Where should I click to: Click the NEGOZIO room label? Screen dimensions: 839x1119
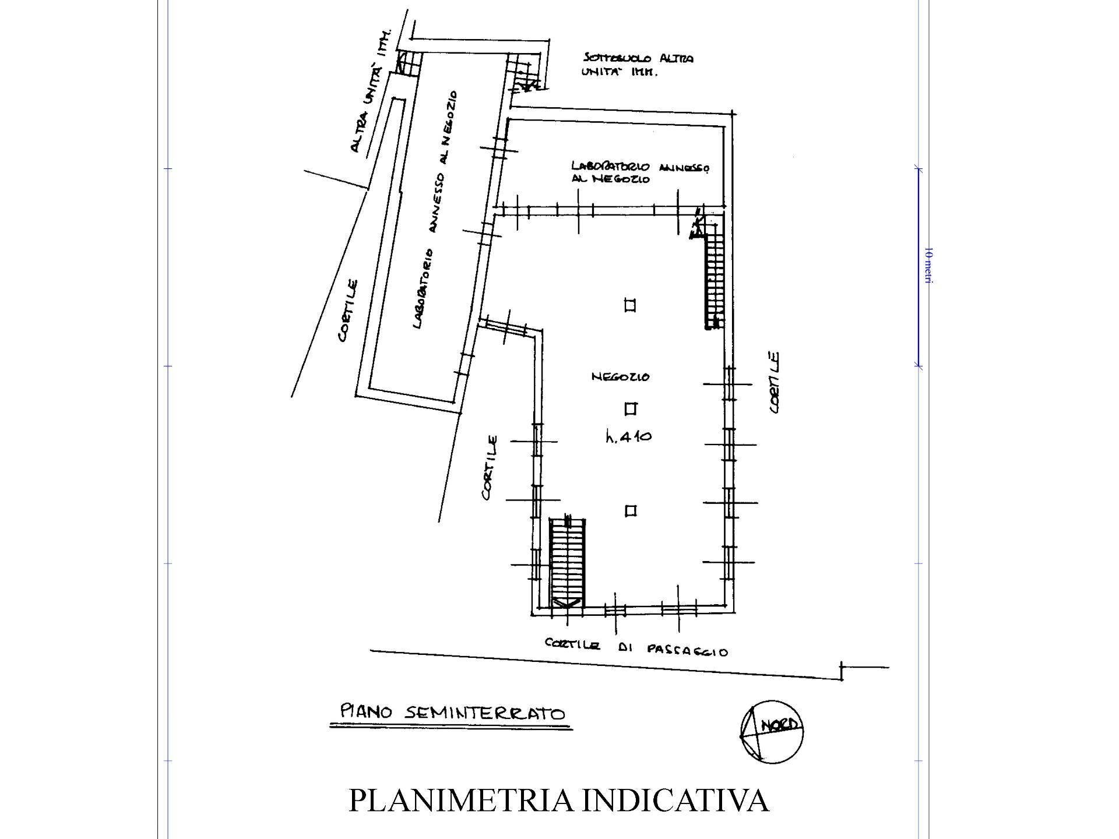(x=620, y=377)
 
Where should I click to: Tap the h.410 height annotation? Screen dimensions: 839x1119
(x=629, y=436)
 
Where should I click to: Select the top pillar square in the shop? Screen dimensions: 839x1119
(x=629, y=305)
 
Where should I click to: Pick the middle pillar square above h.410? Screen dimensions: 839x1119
(x=630, y=408)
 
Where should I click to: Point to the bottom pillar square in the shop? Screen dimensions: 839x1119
(x=630, y=511)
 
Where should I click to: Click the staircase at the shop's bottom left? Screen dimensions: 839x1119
(x=567, y=562)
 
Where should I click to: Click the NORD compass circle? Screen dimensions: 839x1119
(x=772, y=731)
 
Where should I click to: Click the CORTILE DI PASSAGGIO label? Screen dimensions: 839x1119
(x=636, y=647)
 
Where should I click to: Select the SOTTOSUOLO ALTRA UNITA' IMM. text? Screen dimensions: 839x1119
(x=637, y=65)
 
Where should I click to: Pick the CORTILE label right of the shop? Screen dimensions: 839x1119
(x=775, y=382)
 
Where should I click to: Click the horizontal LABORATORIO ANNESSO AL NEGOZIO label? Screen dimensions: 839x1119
(x=640, y=172)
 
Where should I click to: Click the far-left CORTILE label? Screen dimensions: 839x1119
(x=349, y=311)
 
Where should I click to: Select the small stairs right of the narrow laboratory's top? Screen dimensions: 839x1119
(x=524, y=72)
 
